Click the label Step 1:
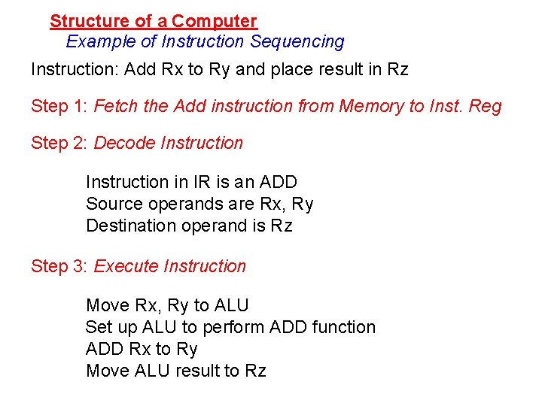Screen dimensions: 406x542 click(x=59, y=106)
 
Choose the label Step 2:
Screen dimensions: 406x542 click(x=59, y=143)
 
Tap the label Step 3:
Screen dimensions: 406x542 click(x=59, y=266)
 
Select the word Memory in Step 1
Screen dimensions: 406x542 click(x=372, y=106)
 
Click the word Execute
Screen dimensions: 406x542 click(x=126, y=266)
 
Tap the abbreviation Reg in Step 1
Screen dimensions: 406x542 click(x=485, y=107)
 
